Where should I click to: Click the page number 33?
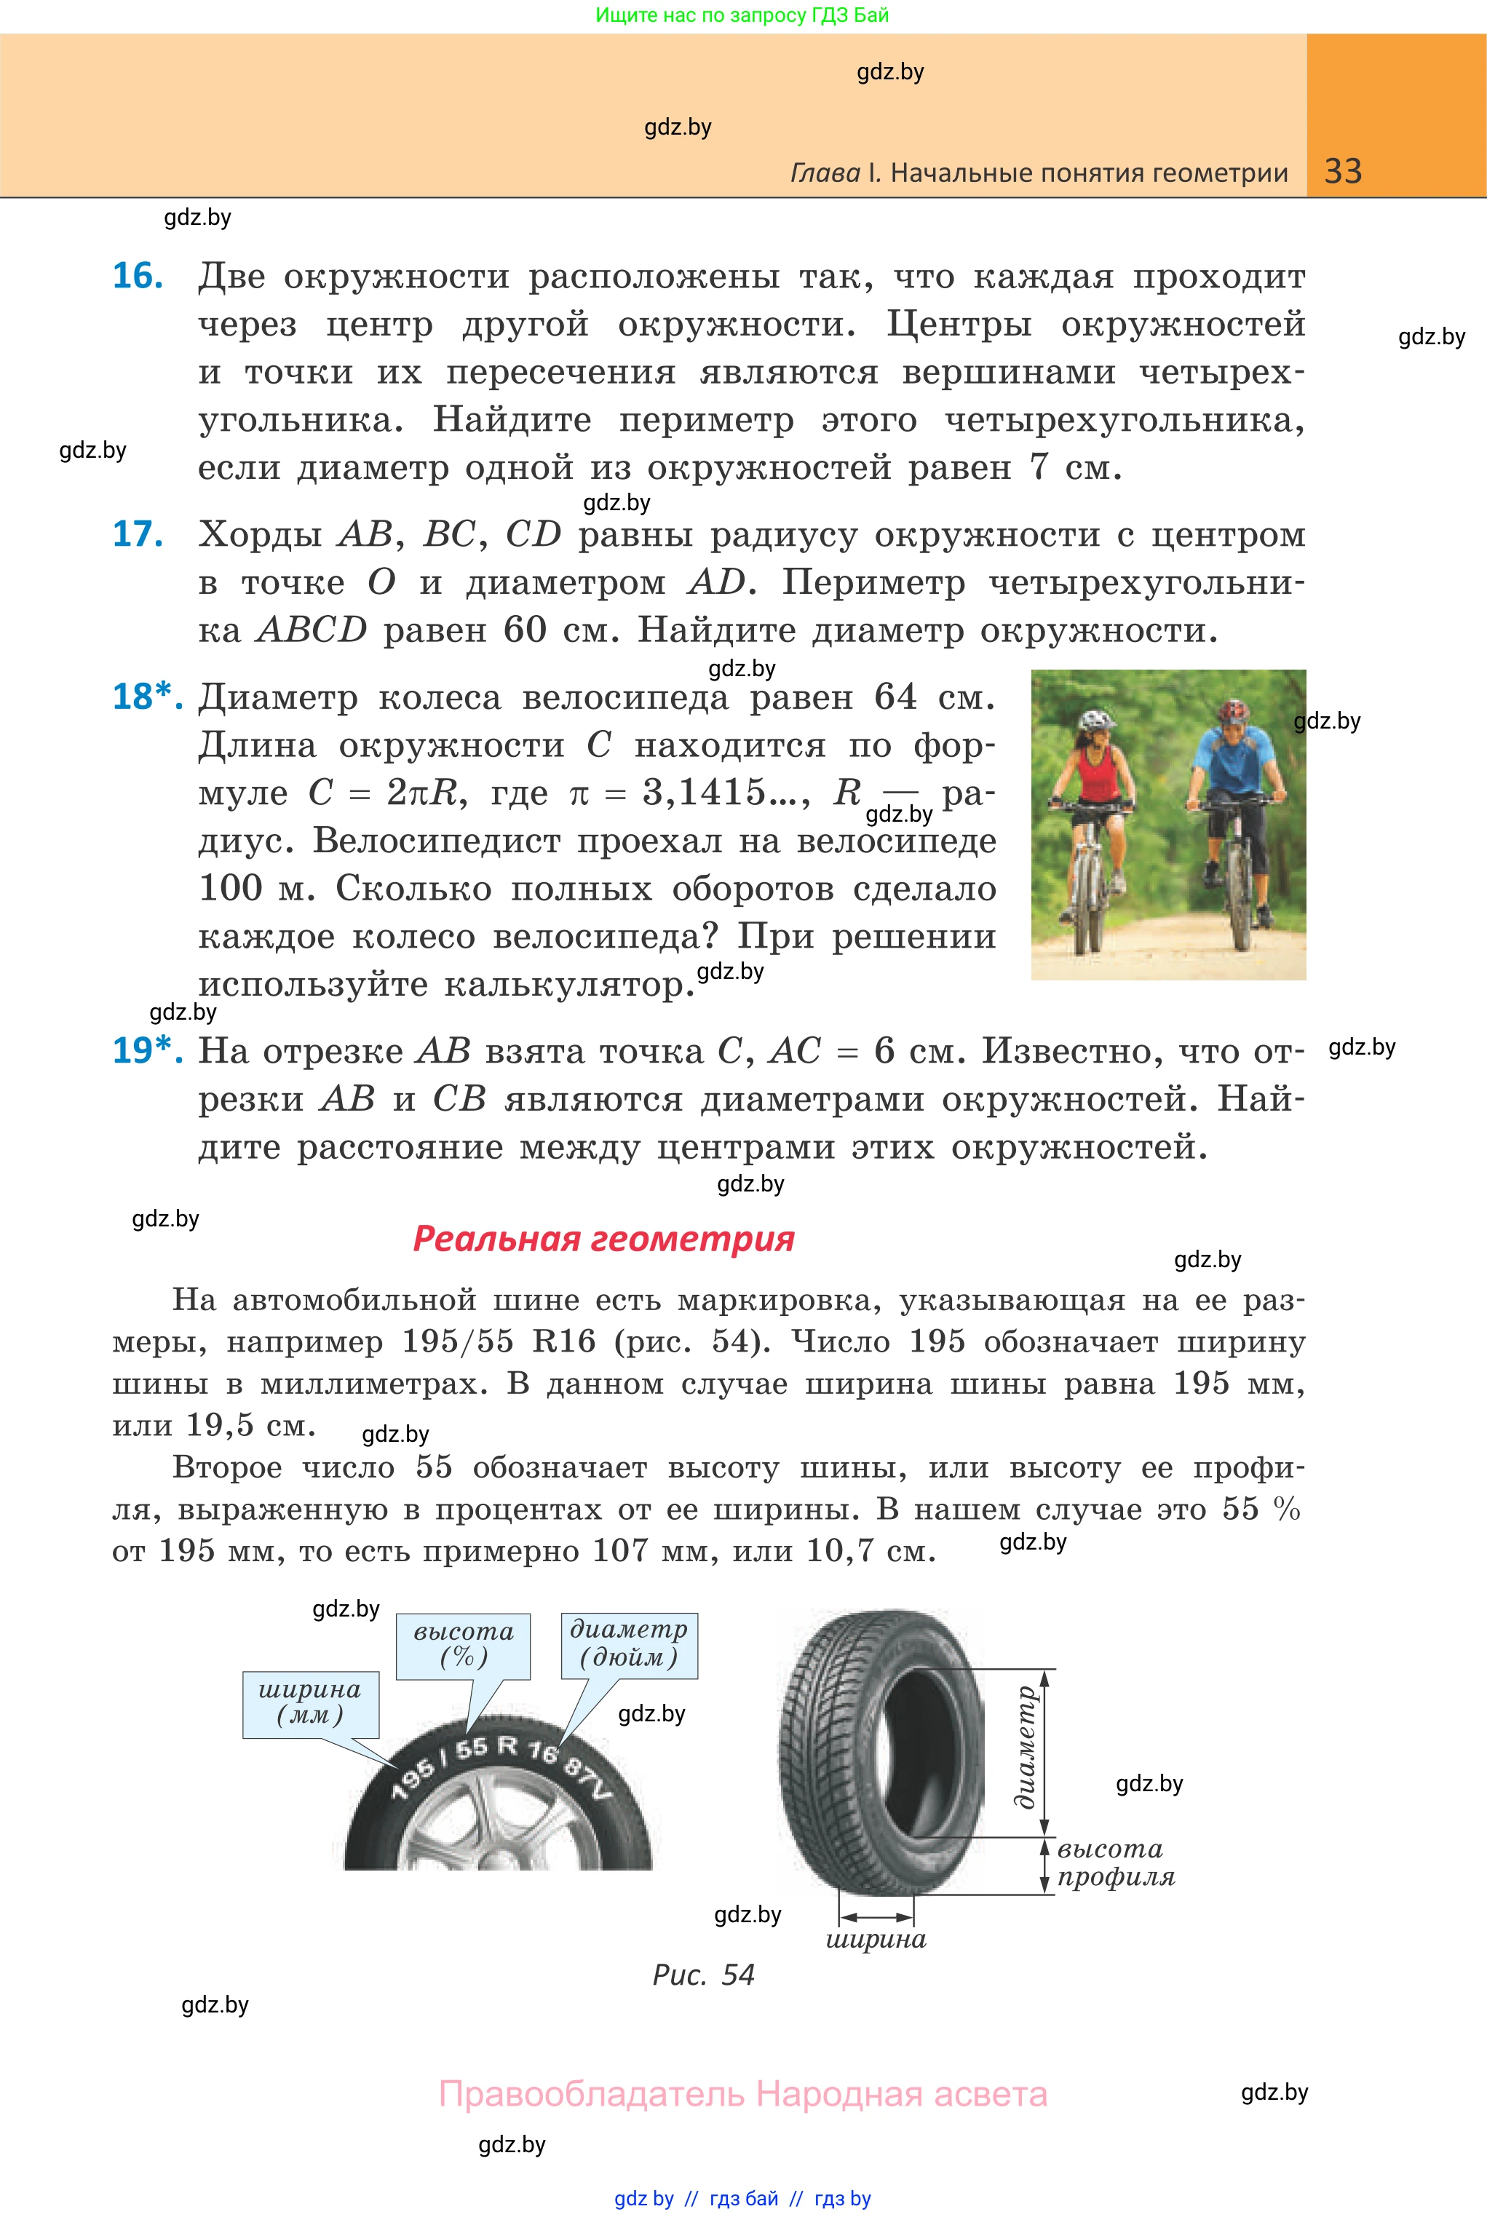coord(1343,172)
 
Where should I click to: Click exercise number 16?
coord(138,276)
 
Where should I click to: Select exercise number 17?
coord(138,534)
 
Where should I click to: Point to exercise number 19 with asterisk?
coord(146,1050)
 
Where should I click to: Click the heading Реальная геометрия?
coord(603,1238)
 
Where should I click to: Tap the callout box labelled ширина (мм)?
coord(310,1703)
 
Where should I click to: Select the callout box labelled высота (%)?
coord(463,1645)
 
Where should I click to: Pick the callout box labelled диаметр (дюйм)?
coord(629,1643)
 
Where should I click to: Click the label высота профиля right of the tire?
coord(1114,1863)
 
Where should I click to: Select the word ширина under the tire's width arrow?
coord(876,1939)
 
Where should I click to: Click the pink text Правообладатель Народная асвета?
coord(742,2094)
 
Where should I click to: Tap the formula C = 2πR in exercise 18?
coord(387,793)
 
